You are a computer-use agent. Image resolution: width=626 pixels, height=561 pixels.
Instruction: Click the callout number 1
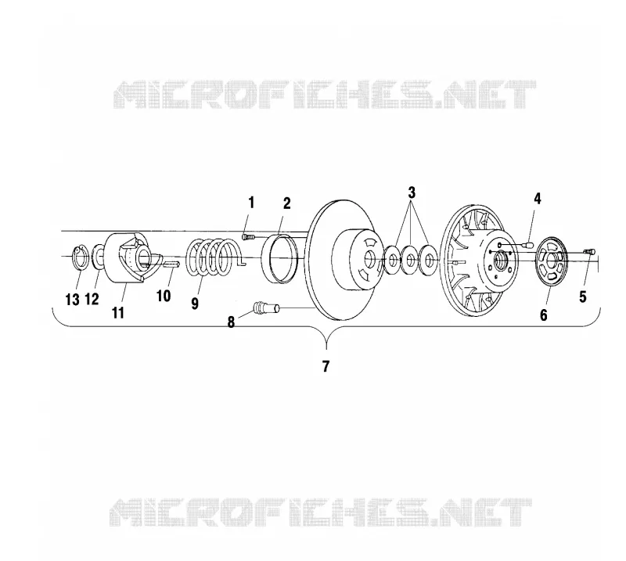click(x=251, y=203)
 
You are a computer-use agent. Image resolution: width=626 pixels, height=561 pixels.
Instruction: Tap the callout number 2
click(x=286, y=203)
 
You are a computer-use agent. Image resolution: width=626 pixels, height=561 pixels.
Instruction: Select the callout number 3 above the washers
click(x=412, y=192)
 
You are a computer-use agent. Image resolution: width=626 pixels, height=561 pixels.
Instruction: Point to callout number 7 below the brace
click(x=326, y=366)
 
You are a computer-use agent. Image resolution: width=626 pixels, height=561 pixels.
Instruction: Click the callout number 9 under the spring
click(x=194, y=304)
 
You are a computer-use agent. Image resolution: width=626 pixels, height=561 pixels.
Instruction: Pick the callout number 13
click(x=72, y=300)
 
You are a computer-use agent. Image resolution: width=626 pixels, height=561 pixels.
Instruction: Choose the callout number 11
click(x=118, y=313)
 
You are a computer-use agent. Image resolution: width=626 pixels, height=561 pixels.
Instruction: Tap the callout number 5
click(x=583, y=297)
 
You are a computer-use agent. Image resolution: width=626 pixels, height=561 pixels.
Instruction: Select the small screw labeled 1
click(x=247, y=237)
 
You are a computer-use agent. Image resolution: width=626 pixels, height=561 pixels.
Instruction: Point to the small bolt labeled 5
click(x=590, y=252)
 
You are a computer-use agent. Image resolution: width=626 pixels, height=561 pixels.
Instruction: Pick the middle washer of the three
click(x=409, y=260)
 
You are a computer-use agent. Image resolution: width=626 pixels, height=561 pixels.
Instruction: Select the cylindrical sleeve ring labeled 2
click(x=280, y=259)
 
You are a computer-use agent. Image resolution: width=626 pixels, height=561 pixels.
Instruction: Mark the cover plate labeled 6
click(x=552, y=261)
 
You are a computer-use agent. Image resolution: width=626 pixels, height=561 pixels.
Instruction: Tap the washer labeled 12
click(x=98, y=257)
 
